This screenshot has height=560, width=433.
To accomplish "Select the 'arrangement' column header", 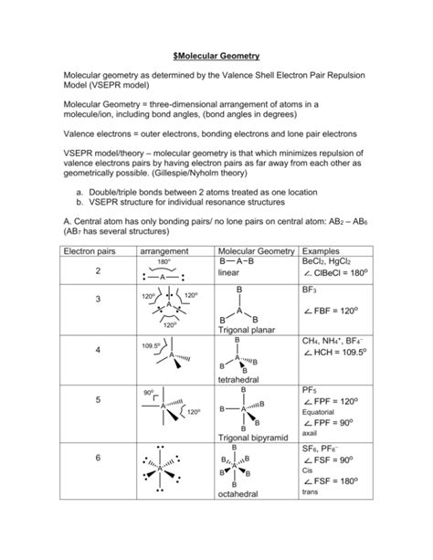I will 164,250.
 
